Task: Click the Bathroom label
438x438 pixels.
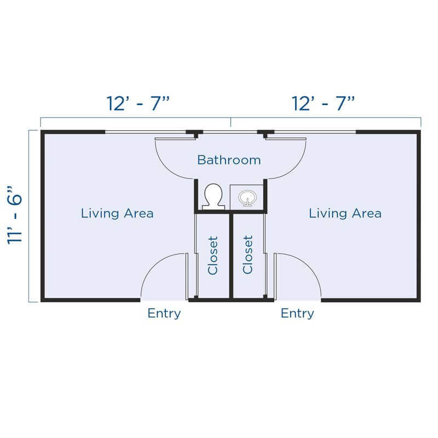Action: click(x=229, y=160)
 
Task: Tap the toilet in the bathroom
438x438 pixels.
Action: click(x=214, y=197)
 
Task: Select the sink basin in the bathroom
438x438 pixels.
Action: click(x=247, y=198)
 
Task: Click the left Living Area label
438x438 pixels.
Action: click(x=117, y=214)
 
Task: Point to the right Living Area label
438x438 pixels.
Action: click(x=345, y=214)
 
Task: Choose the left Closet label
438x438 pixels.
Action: click(x=213, y=255)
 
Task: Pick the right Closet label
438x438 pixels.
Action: click(x=248, y=255)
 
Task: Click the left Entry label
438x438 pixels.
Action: click(x=164, y=313)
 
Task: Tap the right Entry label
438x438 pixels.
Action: click(x=297, y=313)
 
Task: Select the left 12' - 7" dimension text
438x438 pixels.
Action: click(x=139, y=103)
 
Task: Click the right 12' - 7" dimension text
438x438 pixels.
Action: click(x=323, y=103)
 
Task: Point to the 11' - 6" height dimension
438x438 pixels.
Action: click(x=15, y=215)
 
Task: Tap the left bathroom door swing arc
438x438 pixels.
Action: click(x=167, y=168)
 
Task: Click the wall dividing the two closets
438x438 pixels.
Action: click(x=231, y=256)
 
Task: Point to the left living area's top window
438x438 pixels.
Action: click(x=146, y=132)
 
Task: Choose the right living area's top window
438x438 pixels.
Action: click(x=315, y=132)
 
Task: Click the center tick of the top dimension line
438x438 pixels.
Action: click(x=230, y=122)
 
